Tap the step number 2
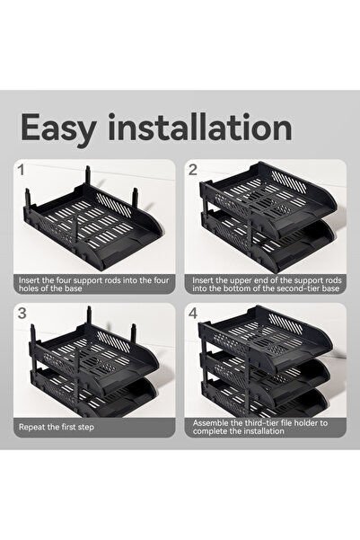point(192,168)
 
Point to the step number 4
point(193,314)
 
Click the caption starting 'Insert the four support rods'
point(92,285)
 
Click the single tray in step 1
point(94,225)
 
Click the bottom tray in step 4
point(269,395)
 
